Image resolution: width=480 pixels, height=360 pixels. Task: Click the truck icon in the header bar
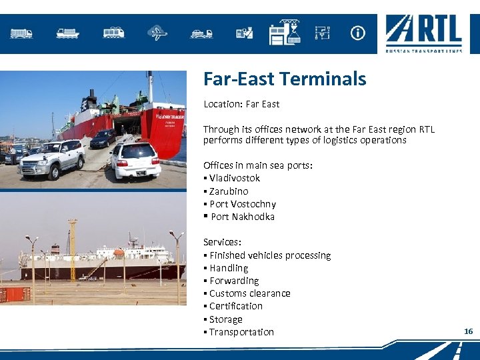21,33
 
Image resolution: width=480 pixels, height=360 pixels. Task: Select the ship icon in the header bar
68,33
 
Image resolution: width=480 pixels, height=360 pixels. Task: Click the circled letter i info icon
358,33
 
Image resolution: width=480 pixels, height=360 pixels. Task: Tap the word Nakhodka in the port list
253,217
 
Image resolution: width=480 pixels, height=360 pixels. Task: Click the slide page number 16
468,331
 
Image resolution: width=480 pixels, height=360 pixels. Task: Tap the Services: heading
222,243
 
